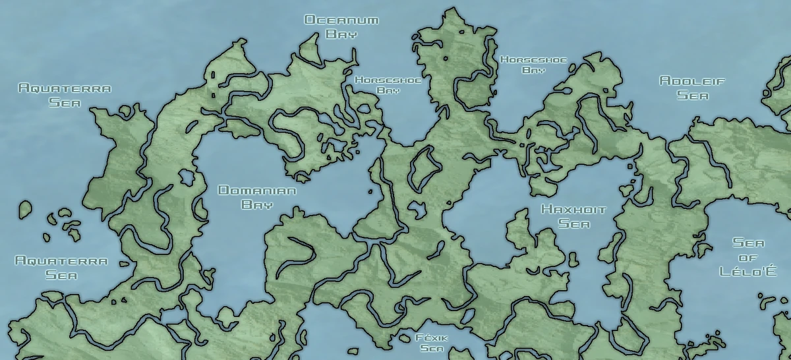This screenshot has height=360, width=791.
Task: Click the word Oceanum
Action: coord(341,20)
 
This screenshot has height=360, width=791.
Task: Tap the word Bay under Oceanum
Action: coord(341,34)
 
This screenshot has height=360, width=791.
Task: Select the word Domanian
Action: coord(257,191)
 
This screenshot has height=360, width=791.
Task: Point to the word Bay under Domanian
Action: coord(257,204)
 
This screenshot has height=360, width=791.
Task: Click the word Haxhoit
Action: coord(573,210)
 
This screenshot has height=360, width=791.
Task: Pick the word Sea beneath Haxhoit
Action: coord(573,224)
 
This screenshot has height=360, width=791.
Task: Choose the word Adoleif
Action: coord(692,81)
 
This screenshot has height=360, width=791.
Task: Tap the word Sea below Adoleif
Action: coord(692,96)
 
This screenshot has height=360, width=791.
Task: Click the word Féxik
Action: coord(432,337)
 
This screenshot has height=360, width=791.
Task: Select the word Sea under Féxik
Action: coord(432,347)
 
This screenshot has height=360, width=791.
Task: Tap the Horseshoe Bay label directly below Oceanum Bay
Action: coord(388,85)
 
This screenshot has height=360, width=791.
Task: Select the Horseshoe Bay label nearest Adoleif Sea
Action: coord(533,64)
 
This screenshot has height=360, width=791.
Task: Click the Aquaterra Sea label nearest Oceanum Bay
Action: coord(65,95)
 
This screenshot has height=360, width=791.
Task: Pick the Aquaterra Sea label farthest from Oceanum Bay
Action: coord(61,268)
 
